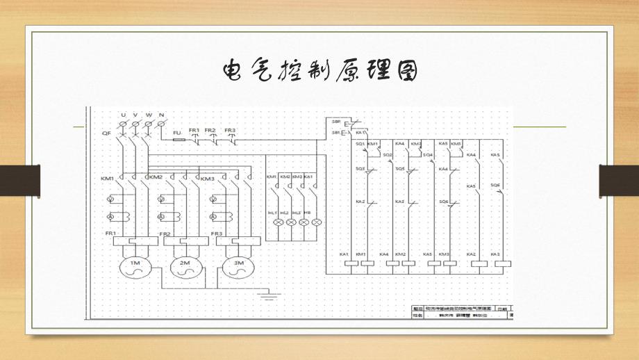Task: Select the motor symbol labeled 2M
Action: pyautogui.click(x=184, y=268)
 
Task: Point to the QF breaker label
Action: pyautogui.click(x=106, y=131)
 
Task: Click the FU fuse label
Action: pyautogui.click(x=177, y=131)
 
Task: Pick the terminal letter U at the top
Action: pyautogui.click(x=124, y=114)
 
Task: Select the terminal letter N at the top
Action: pyautogui.click(x=161, y=114)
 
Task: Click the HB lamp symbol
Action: pyautogui.click(x=317, y=222)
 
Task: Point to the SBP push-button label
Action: pyautogui.click(x=336, y=121)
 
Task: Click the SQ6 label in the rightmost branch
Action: pyautogui.click(x=495, y=185)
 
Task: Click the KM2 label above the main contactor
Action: pyautogui.click(x=155, y=179)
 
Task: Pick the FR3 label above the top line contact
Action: pyautogui.click(x=230, y=130)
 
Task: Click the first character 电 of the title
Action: pyautogui.click(x=232, y=70)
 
